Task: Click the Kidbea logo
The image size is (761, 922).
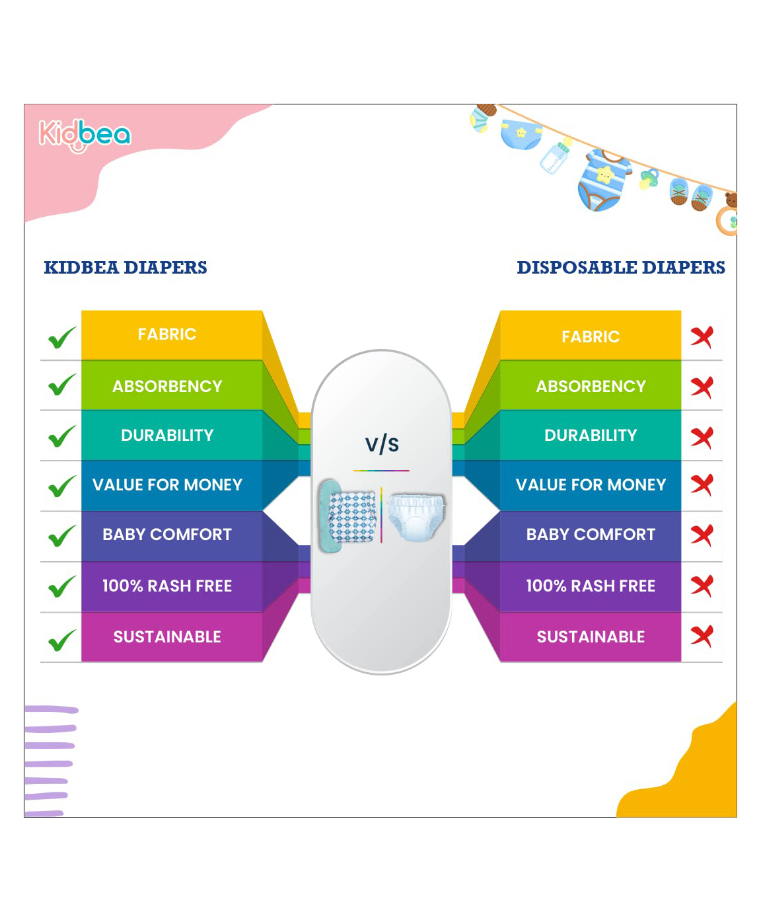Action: click(x=85, y=135)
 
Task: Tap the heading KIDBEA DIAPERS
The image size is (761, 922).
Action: click(x=126, y=268)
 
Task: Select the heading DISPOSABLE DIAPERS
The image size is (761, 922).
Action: click(x=621, y=268)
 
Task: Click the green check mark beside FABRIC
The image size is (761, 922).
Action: click(x=62, y=338)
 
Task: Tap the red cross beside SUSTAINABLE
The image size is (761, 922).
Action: click(x=702, y=636)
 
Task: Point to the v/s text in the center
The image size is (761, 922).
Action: click(x=382, y=443)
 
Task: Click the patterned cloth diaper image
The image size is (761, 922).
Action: click(x=348, y=516)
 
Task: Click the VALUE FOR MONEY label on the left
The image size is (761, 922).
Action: click(x=167, y=485)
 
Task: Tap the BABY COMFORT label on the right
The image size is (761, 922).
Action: click(x=591, y=534)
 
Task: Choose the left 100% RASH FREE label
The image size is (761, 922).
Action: click(x=167, y=586)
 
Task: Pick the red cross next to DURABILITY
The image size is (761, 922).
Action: click(x=702, y=438)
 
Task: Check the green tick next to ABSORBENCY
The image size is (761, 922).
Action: click(x=62, y=385)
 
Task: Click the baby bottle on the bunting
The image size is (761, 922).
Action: click(x=556, y=157)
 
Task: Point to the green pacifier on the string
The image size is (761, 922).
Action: click(x=649, y=179)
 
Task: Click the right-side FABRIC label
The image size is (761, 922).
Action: click(x=591, y=337)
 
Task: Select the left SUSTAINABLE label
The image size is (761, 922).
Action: click(x=167, y=636)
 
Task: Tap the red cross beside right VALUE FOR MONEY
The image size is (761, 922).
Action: click(x=702, y=485)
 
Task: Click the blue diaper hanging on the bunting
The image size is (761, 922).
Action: click(x=521, y=134)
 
